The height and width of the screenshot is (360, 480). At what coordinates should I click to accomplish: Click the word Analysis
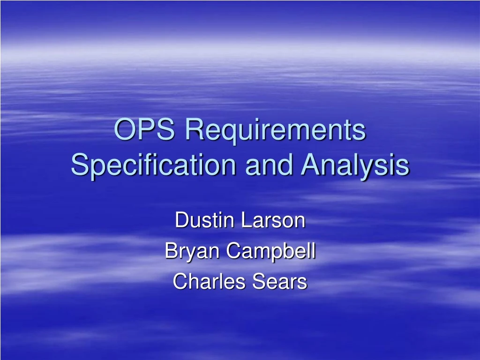click(x=355, y=165)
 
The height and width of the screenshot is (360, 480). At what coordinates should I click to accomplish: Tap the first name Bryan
click(x=192, y=252)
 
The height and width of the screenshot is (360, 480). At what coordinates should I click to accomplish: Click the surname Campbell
click(x=271, y=252)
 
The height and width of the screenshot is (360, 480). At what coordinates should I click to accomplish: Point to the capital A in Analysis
click(x=310, y=165)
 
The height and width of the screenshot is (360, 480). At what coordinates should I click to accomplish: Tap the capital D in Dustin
click(x=180, y=220)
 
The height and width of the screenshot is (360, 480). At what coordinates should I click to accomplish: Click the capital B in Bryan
click(x=170, y=251)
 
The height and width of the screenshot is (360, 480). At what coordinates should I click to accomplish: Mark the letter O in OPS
click(x=124, y=130)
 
